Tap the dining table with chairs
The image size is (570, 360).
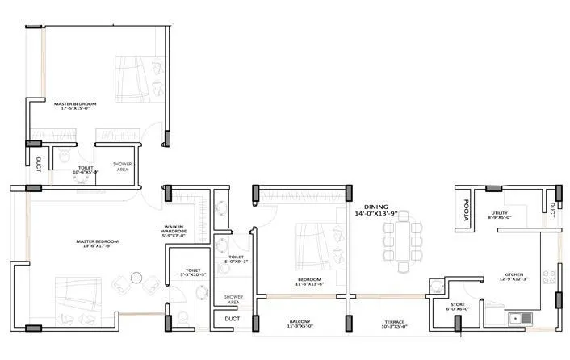402,239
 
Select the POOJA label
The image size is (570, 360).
466,206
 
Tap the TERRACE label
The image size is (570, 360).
396,324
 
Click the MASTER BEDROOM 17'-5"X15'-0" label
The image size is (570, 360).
75,107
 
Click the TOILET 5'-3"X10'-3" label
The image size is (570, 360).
192,273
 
